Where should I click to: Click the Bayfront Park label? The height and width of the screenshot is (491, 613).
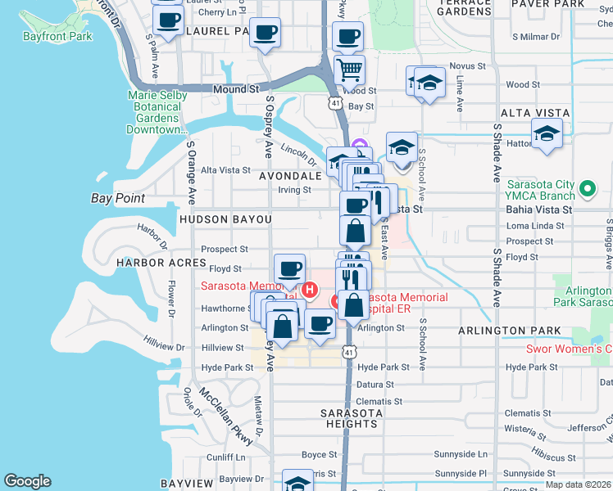point(58,36)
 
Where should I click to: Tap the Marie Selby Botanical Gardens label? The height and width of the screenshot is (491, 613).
point(157,112)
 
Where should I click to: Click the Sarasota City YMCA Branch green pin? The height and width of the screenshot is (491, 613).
point(586,189)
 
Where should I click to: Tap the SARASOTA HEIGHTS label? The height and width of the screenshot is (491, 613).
point(350,418)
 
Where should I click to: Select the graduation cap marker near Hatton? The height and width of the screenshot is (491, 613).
point(547,133)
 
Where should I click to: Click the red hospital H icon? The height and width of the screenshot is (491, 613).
point(310,289)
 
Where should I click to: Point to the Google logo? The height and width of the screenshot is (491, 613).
point(28,481)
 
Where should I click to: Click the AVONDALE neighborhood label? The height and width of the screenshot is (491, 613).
point(290,176)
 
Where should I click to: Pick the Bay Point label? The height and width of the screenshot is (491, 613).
point(118,199)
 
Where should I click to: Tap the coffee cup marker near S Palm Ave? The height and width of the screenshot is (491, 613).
point(169,20)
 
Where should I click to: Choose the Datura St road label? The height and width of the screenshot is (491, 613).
point(375,385)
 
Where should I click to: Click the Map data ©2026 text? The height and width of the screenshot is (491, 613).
point(579,484)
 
